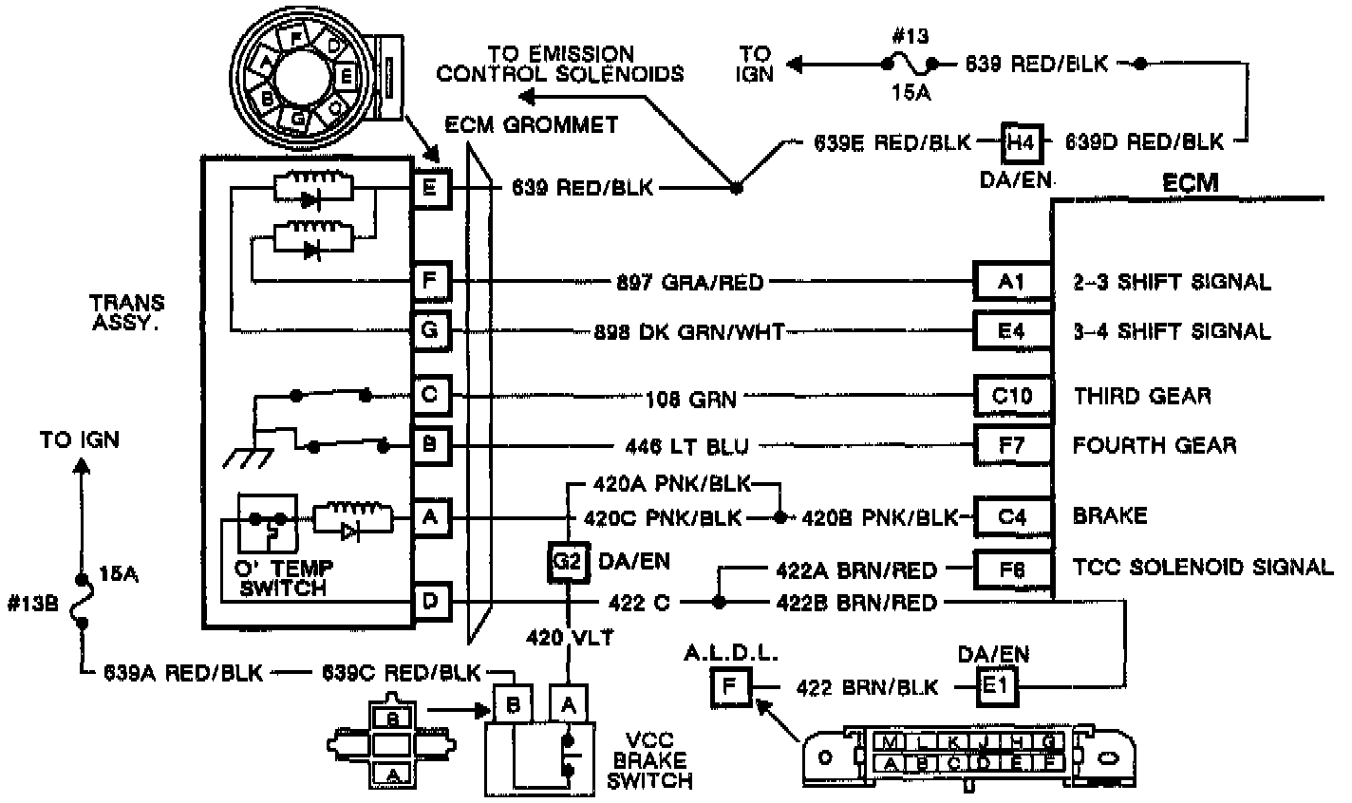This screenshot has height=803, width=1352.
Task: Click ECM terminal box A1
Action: click(x=1012, y=282)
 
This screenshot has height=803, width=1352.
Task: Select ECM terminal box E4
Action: click(x=1012, y=331)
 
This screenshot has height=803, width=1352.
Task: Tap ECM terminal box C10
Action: click(x=1012, y=396)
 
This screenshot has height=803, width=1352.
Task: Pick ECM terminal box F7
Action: click(x=1012, y=445)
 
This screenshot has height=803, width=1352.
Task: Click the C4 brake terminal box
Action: click(x=1012, y=517)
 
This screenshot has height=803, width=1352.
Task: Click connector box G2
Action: click(x=567, y=561)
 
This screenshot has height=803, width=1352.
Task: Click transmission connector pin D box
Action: click(x=430, y=602)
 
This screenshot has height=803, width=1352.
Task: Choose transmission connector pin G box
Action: click(x=430, y=331)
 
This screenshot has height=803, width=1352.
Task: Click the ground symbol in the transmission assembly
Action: click(x=244, y=457)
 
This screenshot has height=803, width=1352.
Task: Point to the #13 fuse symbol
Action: click(x=909, y=65)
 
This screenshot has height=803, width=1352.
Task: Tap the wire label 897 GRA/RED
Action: click(x=689, y=282)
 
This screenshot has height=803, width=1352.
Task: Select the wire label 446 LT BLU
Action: click(x=693, y=445)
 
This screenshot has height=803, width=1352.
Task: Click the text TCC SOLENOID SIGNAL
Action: click(x=1202, y=568)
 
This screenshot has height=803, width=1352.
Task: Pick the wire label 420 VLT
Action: click(x=569, y=638)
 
